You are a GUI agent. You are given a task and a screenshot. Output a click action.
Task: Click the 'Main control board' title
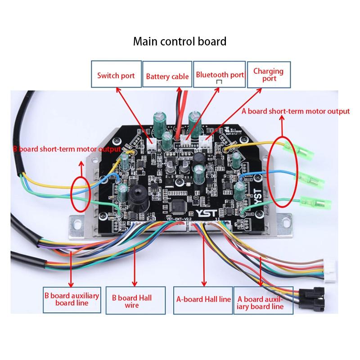[x=180, y=42]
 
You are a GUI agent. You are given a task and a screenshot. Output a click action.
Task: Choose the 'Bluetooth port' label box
[x=220, y=75]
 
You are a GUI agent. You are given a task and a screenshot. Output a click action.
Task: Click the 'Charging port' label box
[x=268, y=75]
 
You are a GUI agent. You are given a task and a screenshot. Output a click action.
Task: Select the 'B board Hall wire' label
[x=132, y=301]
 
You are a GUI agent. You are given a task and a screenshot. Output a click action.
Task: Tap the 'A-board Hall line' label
[x=203, y=299]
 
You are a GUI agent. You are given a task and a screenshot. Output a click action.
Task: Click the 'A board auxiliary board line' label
[x=261, y=302]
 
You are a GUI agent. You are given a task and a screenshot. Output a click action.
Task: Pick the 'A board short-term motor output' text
[x=296, y=111]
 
